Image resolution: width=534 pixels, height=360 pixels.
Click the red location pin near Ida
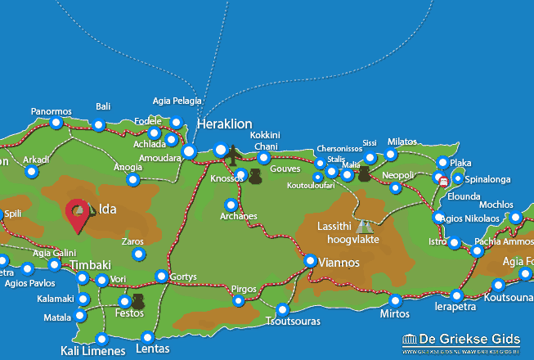79,214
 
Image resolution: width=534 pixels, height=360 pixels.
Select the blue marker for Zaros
138,254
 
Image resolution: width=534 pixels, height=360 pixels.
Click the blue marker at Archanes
231,205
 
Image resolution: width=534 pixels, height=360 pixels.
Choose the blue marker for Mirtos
395,300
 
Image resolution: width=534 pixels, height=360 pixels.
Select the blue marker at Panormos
56,123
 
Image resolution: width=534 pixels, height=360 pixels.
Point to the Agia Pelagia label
177,101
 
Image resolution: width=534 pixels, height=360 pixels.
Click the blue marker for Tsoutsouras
283,309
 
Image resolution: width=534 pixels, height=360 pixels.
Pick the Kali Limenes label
93,351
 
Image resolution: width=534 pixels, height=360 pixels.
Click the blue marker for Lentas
147,336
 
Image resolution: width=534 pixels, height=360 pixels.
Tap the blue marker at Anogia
133,179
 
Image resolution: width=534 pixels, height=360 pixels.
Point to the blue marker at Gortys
162,276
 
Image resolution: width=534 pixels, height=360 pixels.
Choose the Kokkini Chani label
265,140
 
